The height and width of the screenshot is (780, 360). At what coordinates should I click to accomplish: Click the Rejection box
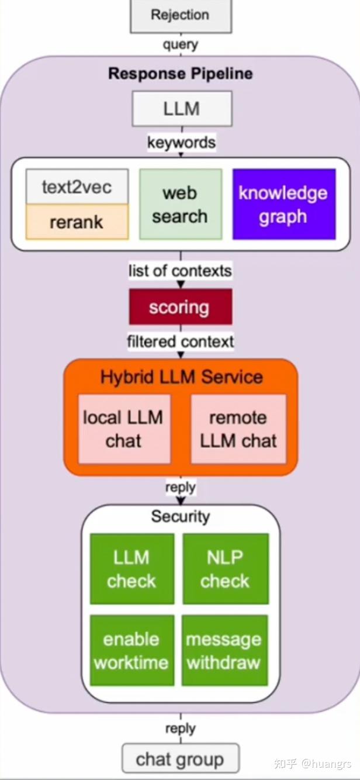click(x=181, y=16)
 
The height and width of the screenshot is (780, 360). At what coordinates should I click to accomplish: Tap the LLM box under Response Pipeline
click(x=182, y=109)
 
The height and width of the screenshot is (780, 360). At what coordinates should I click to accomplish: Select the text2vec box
click(x=77, y=187)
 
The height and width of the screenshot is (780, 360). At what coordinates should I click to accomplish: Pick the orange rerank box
click(x=77, y=222)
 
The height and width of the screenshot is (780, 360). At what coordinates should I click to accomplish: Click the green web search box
click(x=181, y=205)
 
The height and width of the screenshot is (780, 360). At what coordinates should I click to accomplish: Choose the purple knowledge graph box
click(x=284, y=205)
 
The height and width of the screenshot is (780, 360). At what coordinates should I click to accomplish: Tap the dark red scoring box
click(x=181, y=307)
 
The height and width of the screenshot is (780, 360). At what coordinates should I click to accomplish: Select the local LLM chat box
click(x=124, y=429)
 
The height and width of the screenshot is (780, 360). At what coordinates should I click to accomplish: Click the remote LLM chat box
click(x=238, y=429)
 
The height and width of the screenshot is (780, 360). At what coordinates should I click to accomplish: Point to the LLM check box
click(x=132, y=569)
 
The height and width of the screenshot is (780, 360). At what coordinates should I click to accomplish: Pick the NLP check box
click(x=226, y=569)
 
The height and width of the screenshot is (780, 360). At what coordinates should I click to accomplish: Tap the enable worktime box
click(x=132, y=650)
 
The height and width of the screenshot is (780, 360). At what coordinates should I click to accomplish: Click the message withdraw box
click(x=224, y=650)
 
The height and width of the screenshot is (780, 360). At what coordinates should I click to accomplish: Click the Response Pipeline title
click(x=181, y=74)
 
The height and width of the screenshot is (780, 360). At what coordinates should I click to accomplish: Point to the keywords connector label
click(x=181, y=143)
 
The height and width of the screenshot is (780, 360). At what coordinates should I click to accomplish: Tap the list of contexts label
click(x=180, y=271)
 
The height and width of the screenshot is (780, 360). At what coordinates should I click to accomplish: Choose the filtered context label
click(x=181, y=341)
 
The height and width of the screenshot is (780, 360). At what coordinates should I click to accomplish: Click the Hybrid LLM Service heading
click(x=181, y=377)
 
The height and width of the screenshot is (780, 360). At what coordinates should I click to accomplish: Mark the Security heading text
click(x=181, y=516)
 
